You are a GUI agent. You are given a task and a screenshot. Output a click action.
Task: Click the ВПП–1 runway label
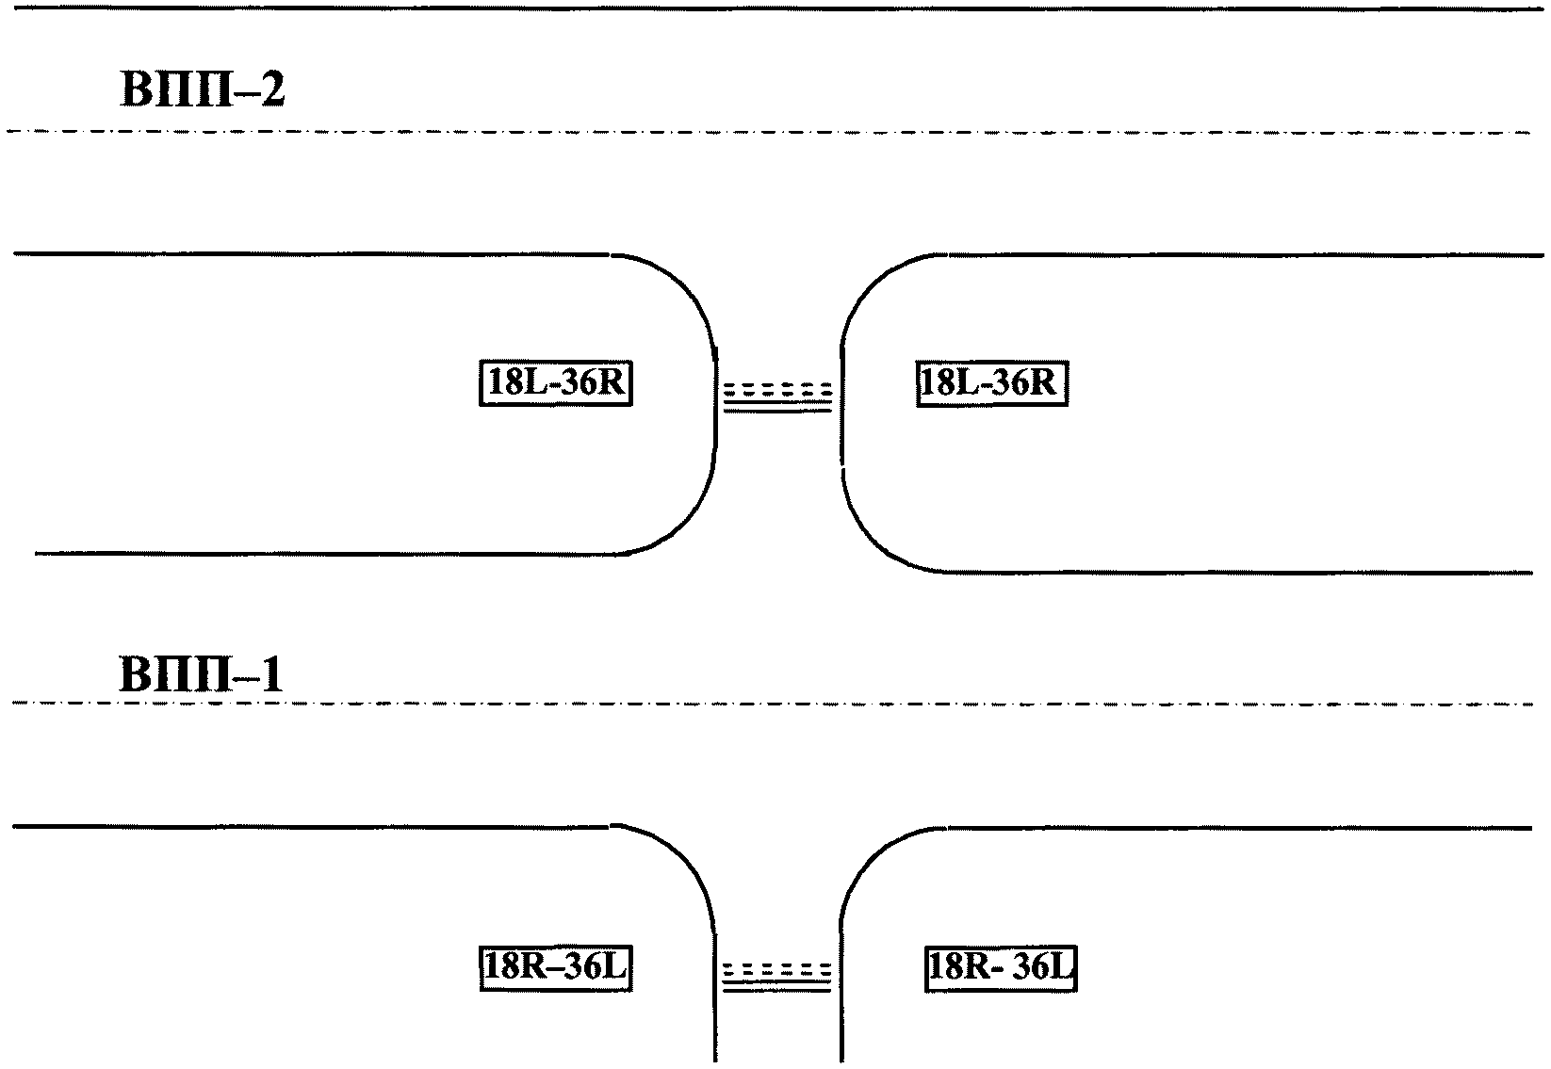201,675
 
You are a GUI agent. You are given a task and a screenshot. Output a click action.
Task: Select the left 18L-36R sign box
555,383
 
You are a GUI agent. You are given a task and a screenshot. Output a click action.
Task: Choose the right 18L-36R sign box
992,383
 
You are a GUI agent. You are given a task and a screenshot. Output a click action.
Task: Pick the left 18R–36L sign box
555,968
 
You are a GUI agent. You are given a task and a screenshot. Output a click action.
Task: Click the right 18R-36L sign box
1000,968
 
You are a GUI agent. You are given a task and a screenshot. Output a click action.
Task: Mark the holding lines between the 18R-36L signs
777,976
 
